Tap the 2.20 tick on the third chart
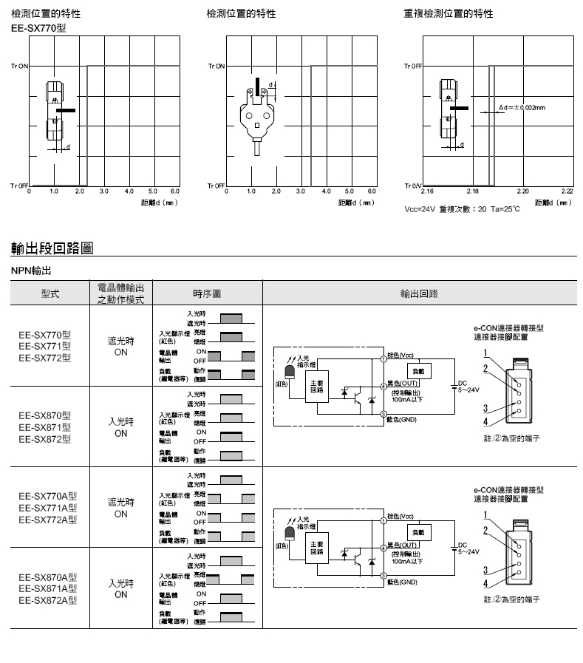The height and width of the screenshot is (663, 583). (x=522, y=191)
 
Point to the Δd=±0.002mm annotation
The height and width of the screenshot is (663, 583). (x=522, y=107)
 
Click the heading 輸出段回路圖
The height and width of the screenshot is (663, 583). (x=52, y=248)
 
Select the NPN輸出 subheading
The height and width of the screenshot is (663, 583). (x=31, y=271)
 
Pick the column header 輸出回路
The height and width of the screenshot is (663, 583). (x=419, y=293)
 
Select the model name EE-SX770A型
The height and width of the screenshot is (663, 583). (x=48, y=496)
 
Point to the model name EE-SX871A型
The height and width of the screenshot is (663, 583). (x=48, y=588)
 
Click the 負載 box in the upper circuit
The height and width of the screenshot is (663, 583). (x=419, y=370)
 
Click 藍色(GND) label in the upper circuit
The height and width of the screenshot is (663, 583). (x=402, y=419)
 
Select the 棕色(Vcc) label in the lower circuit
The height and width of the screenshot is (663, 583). (x=401, y=516)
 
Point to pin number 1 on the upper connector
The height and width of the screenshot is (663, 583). (x=485, y=353)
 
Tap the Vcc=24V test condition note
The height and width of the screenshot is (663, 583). (x=462, y=208)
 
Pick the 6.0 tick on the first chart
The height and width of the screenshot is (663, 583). (x=175, y=191)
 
